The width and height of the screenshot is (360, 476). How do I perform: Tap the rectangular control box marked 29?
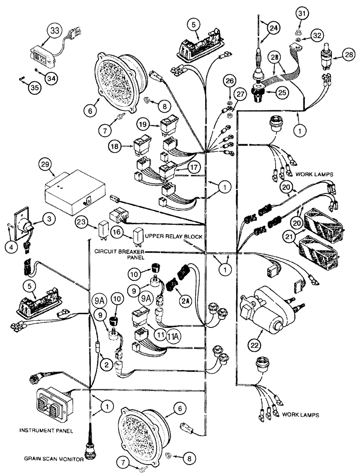(74, 193)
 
